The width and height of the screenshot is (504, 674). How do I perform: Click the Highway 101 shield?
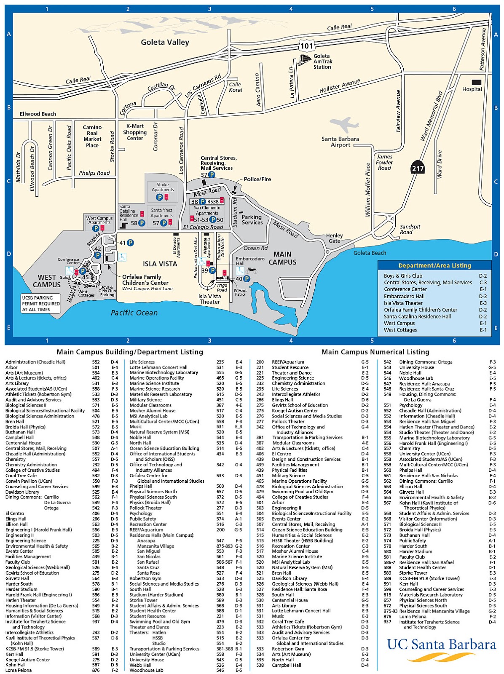(x=307, y=45)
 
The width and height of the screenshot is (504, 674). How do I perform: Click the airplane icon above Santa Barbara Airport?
(x=345, y=124)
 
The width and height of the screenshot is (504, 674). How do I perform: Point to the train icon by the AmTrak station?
(x=305, y=61)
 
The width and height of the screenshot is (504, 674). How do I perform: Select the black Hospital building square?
(x=476, y=82)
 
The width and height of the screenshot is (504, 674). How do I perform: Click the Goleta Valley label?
(x=165, y=42)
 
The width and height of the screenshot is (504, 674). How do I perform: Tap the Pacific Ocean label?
(x=134, y=313)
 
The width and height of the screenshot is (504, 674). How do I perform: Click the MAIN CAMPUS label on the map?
(x=282, y=258)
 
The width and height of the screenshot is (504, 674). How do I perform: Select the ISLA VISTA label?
(x=160, y=264)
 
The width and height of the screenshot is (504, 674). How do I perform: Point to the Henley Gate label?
(x=334, y=238)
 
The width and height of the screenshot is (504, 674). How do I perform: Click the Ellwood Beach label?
(x=38, y=114)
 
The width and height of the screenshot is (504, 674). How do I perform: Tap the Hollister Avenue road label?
(x=340, y=86)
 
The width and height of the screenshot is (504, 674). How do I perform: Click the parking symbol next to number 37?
(x=212, y=174)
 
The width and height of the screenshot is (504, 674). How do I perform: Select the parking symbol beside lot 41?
(x=130, y=243)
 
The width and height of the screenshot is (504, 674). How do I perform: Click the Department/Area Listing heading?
(x=434, y=265)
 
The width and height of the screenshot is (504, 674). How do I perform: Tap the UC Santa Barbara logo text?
(x=441, y=644)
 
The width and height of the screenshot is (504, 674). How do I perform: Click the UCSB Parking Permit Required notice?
(x=41, y=303)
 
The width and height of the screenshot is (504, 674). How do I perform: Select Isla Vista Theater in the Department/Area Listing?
(x=403, y=303)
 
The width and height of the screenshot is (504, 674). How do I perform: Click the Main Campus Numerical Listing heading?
(x=375, y=352)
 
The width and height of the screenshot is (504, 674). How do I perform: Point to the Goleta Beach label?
(x=370, y=253)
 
